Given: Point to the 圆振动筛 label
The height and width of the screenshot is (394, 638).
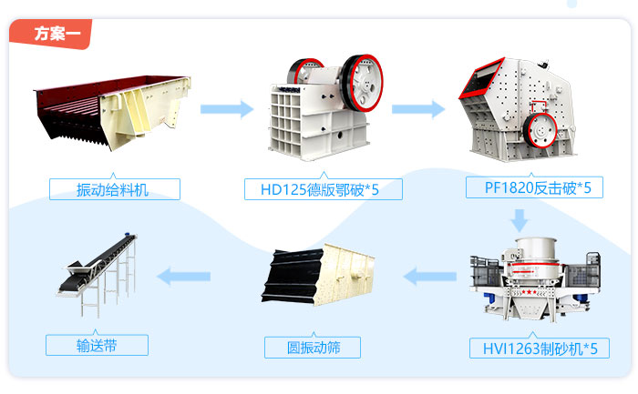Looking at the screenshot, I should (x=313, y=347).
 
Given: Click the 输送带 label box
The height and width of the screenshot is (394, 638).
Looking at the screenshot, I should (x=97, y=345).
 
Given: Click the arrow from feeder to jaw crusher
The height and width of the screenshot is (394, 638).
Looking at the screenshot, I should (x=227, y=110).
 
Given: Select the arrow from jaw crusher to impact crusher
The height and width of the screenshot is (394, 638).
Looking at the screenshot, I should (x=418, y=110).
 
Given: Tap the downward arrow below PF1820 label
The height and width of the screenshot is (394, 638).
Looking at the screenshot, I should (x=520, y=219).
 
